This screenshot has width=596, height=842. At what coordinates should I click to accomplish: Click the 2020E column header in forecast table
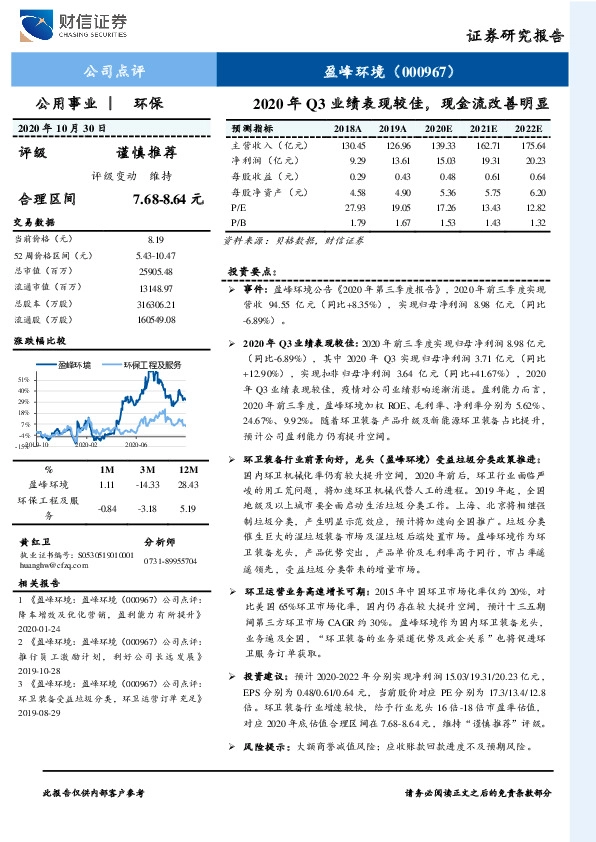438,130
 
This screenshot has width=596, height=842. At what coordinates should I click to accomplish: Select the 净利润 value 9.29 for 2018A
358,160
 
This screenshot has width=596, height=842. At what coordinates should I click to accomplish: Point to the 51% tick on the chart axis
23,380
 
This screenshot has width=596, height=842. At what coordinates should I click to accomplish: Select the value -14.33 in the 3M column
148,484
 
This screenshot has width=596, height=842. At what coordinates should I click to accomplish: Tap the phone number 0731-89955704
170,562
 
